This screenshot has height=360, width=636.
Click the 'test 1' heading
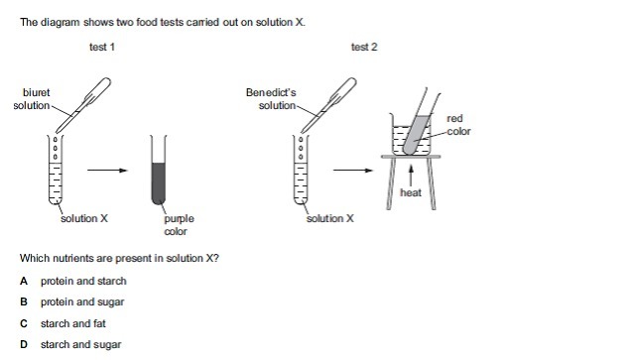(x=102, y=47)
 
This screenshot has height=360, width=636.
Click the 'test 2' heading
(x=364, y=47)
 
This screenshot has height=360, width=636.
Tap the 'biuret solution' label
(x=32, y=99)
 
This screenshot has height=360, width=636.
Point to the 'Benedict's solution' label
(x=271, y=99)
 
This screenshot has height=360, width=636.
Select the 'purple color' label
(x=179, y=225)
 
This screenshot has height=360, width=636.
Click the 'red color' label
(x=458, y=125)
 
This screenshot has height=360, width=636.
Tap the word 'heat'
(x=411, y=192)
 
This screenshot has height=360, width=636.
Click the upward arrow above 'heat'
(x=411, y=175)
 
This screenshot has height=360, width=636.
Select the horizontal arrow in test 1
(x=107, y=171)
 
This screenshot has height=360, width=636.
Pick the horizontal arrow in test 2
(x=353, y=171)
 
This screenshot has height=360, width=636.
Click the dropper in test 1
(x=82, y=105)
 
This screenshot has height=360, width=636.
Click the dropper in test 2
(x=328, y=105)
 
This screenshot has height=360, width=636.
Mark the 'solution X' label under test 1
(x=84, y=218)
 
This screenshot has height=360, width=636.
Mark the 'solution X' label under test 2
(x=330, y=218)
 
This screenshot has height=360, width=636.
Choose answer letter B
(x=24, y=302)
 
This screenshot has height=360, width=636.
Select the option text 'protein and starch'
(x=83, y=281)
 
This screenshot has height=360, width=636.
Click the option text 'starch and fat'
(x=73, y=323)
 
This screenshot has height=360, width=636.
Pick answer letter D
(x=24, y=344)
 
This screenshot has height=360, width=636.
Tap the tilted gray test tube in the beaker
(x=418, y=134)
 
